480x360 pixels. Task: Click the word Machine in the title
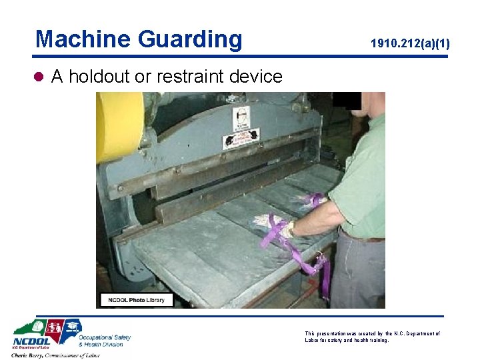[x=83, y=39]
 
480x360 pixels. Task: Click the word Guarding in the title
[x=191, y=39]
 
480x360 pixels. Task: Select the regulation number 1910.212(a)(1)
[x=410, y=45]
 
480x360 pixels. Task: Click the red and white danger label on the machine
[x=241, y=138]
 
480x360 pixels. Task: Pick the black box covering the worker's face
[x=347, y=100]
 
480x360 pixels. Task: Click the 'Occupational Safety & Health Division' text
[x=104, y=341]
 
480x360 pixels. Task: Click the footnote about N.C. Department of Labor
[x=372, y=337]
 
